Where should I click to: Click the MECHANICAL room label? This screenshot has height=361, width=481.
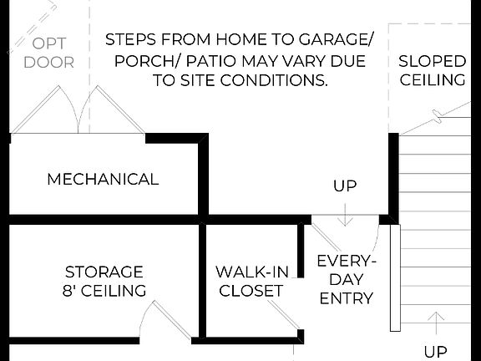pos(103,179)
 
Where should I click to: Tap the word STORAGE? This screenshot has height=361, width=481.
pos(104,272)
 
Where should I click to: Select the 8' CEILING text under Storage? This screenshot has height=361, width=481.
pos(104,291)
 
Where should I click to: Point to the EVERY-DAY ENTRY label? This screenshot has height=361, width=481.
pos(346,279)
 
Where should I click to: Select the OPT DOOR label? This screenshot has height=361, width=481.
pos(48,52)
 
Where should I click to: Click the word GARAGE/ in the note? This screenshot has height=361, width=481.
pos(332,40)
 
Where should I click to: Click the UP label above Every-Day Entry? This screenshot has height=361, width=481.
pos(345,186)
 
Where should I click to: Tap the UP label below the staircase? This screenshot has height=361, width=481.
pos(435,352)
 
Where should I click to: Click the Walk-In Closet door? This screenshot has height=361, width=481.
pos(282,318)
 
